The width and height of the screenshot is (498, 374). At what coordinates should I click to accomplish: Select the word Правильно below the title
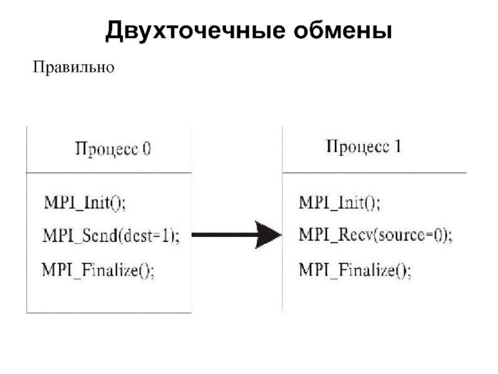(73, 67)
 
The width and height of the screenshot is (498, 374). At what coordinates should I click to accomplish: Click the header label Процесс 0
(113, 149)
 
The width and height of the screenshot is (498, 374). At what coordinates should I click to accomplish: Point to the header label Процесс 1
(364, 147)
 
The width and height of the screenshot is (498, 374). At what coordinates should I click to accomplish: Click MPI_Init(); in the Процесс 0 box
(85, 203)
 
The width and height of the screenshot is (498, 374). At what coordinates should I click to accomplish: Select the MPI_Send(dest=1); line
(111, 236)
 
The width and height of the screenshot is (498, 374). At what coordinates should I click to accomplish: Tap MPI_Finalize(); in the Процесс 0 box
(98, 271)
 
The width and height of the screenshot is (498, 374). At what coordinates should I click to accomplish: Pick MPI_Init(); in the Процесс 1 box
(339, 202)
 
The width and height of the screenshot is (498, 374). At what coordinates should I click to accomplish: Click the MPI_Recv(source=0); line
(376, 235)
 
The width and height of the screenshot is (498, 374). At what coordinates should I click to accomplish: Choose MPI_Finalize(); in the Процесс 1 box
(355, 271)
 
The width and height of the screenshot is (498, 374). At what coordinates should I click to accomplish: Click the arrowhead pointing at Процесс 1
(268, 235)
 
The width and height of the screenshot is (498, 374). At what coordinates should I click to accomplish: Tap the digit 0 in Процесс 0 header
(147, 149)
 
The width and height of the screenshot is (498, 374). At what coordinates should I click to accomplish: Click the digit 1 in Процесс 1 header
(398, 146)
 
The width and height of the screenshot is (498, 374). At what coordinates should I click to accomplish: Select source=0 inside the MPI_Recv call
(410, 235)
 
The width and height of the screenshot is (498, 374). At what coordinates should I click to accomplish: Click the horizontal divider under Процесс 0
(109, 173)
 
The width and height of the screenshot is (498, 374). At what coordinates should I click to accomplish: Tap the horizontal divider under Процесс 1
(375, 173)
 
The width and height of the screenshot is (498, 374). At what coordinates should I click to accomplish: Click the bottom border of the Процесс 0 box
(109, 313)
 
